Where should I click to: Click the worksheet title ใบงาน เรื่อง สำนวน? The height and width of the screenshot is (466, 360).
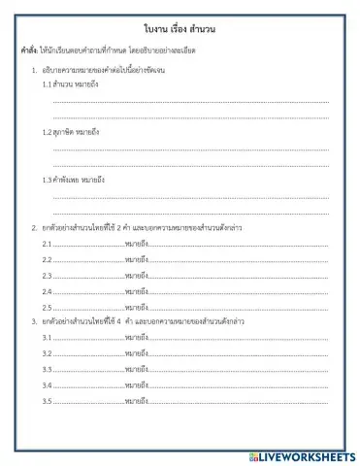point(180,31)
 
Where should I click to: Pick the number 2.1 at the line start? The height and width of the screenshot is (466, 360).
point(47,244)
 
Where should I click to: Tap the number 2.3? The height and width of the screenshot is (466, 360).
point(47,276)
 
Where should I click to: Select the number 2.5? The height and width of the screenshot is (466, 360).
point(47,307)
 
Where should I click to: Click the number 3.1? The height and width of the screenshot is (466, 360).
point(47,337)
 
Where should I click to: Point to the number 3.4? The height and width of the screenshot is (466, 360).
point(47,384)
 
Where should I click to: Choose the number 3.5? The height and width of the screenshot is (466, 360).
point(47,400)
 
